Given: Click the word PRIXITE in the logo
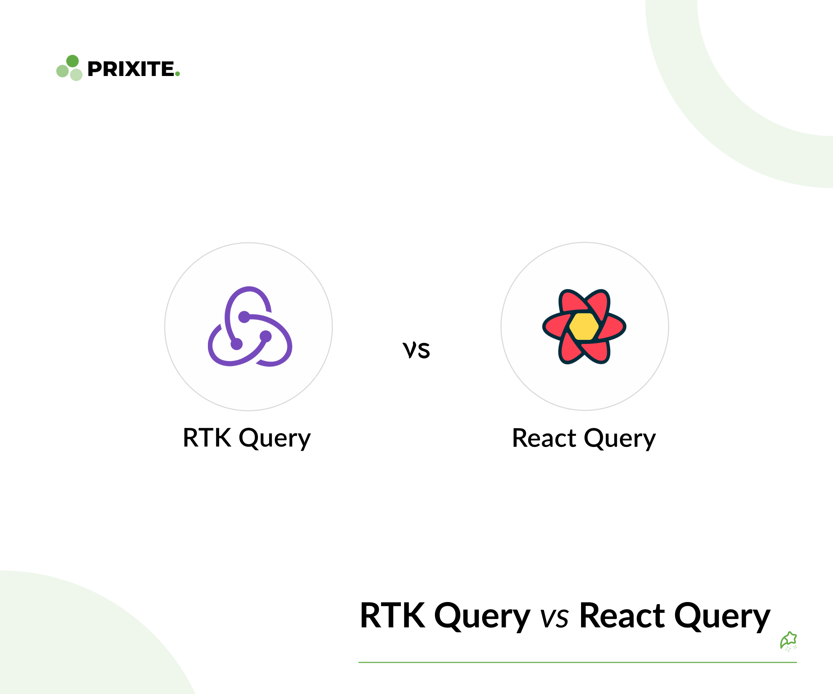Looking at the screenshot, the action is point(131,69).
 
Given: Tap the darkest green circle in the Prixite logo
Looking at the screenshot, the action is point(72,61).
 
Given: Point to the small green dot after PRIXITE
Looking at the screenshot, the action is point(177,74).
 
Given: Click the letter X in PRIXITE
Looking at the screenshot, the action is point(133,69).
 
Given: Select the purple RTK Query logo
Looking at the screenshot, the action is point(250,326).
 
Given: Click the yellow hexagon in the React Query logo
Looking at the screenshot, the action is point(584,327).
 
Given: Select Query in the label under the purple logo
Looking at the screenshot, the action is point(275,439).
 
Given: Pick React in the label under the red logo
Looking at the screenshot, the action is point(544,438).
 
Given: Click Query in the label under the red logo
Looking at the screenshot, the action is point(620,439).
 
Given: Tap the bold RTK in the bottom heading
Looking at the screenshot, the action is point(392,616).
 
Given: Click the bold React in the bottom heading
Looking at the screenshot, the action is point(622,616).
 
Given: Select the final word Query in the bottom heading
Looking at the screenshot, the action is point(722,617).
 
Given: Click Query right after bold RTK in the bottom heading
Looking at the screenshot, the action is point(482,617).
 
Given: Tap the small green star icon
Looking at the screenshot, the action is point(789,641).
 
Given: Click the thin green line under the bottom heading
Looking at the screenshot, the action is point(578,662).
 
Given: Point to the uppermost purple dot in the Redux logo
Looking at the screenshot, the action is point(244,317).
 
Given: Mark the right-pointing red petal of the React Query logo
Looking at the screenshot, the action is point(611,327).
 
